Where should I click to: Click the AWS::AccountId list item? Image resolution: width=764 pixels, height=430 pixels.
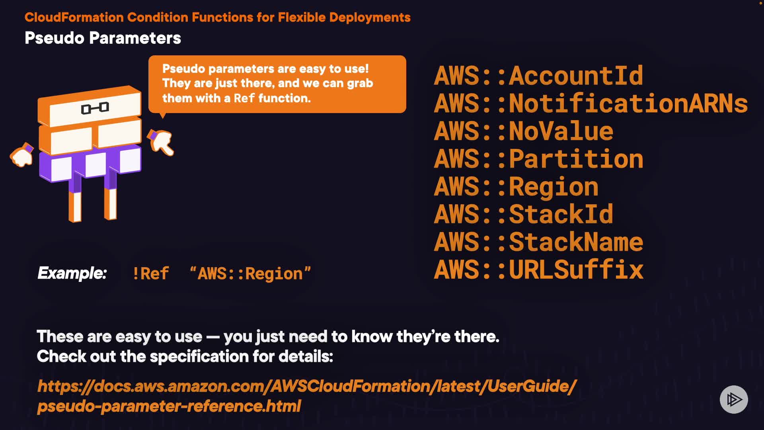point(538,76)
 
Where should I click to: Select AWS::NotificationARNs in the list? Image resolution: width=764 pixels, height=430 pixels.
point(591,104)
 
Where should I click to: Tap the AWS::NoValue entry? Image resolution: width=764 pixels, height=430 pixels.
point(523,131)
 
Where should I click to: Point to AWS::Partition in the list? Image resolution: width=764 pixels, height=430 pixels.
point(538,159)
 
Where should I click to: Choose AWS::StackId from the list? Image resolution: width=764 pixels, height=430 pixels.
point(523,214)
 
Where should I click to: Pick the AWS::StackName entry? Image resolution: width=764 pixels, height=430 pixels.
point(538,242)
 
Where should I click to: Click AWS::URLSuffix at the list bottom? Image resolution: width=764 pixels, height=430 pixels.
point(538,270)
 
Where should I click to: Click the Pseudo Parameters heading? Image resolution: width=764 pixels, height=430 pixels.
point(103,38)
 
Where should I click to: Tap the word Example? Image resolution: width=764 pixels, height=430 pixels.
point(72,273)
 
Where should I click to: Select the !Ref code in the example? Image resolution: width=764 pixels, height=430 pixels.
point(150,274)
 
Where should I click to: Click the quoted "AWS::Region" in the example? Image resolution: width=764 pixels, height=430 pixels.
point(250,274)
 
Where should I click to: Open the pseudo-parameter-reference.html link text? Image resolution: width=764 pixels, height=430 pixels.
point(169,406)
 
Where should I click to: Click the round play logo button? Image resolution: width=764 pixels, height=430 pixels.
point(733,399)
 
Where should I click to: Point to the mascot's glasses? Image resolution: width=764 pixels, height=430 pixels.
point(95,108)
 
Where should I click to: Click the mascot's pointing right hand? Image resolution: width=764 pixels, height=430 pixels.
point(161,142)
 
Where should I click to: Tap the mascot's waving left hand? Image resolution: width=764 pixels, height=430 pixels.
point(22,155)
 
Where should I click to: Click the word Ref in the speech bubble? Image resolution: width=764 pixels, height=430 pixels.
point(244,98)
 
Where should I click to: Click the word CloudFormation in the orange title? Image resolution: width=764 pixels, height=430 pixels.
point(74,18)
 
